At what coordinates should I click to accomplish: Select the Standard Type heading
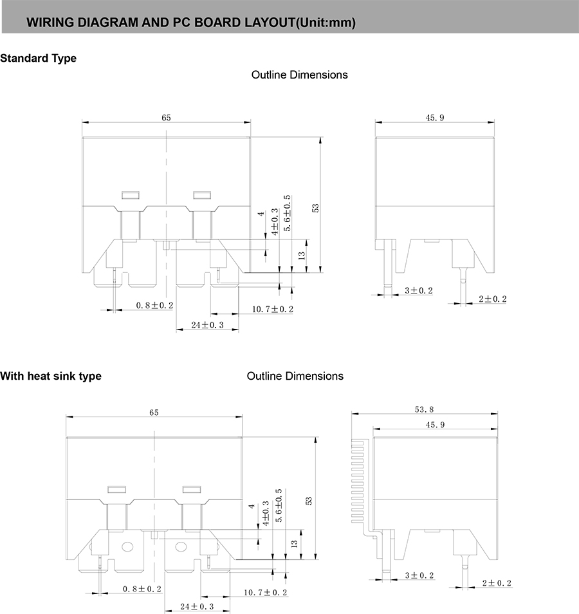(38, 59)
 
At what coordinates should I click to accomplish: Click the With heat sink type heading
(51, 376)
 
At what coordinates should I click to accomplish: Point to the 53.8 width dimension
(425, 409)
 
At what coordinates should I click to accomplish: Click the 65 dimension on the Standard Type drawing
(166, 117)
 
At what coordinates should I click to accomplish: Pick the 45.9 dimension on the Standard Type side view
(435, 117)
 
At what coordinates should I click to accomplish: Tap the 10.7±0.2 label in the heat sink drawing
(265, 592)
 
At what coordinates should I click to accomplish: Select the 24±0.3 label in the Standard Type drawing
(207, 325)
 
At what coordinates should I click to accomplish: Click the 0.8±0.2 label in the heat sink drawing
(143, 589)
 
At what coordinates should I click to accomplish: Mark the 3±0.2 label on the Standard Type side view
(419, 291)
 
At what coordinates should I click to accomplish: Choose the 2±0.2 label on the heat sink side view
(496, 583)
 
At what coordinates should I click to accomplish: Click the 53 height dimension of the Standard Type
(315, 207)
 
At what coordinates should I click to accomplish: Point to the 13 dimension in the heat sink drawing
(294, 544)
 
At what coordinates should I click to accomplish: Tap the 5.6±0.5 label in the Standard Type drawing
(287, 212)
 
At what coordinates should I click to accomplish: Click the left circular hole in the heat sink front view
(127, 548)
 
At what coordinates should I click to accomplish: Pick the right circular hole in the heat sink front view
(180, 548)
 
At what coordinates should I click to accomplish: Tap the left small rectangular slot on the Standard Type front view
(131, 194)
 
